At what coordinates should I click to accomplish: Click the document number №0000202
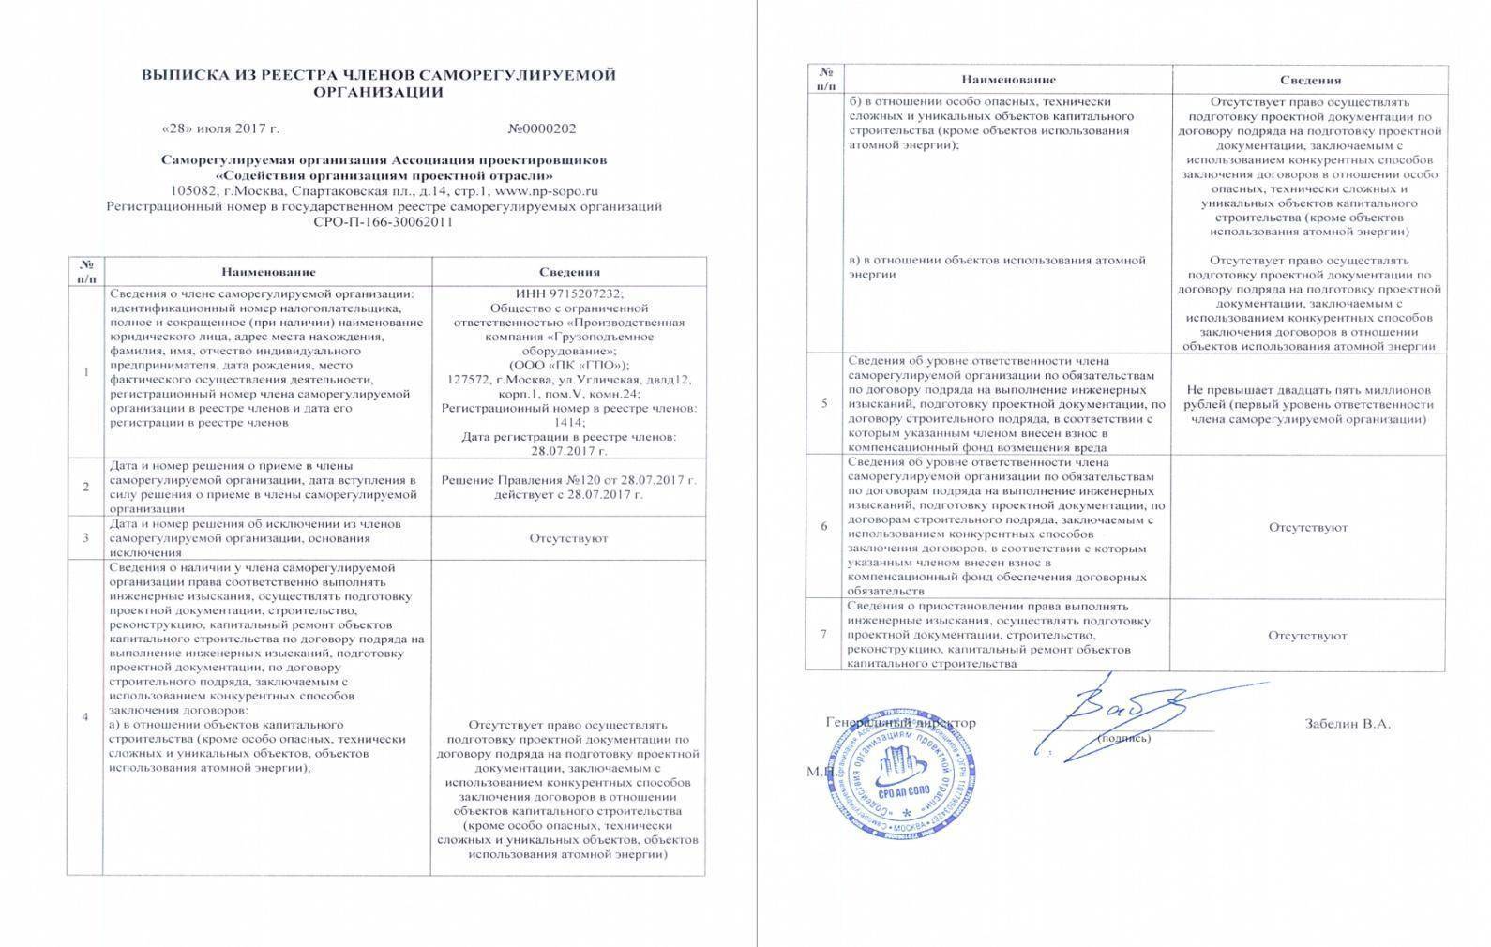(x=542, y=128)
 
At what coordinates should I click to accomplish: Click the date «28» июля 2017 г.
(x=220, y=128)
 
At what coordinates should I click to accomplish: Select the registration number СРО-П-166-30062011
(x=384, y=222)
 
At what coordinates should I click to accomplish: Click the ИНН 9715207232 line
(x=569, y=293)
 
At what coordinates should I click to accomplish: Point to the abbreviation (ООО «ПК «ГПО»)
(x=569, y=365)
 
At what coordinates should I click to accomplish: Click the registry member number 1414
(x=569, y=422)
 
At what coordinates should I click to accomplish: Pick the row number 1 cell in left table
(x=86, y=372)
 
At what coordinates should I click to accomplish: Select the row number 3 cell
(x=86, y=538)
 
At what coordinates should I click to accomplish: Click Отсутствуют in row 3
(x=568, y=538)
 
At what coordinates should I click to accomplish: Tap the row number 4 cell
(x=86, y=717)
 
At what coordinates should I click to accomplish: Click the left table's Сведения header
(x=569, y=272)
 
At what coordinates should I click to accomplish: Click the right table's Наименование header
(x=1007, y=80)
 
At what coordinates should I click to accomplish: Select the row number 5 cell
(x=824, y=403)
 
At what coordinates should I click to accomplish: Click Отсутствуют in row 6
(x=1308, y=527)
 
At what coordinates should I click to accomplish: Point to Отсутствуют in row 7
(x=1308, y=636)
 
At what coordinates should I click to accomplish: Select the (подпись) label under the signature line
(x=1123, y=739)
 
